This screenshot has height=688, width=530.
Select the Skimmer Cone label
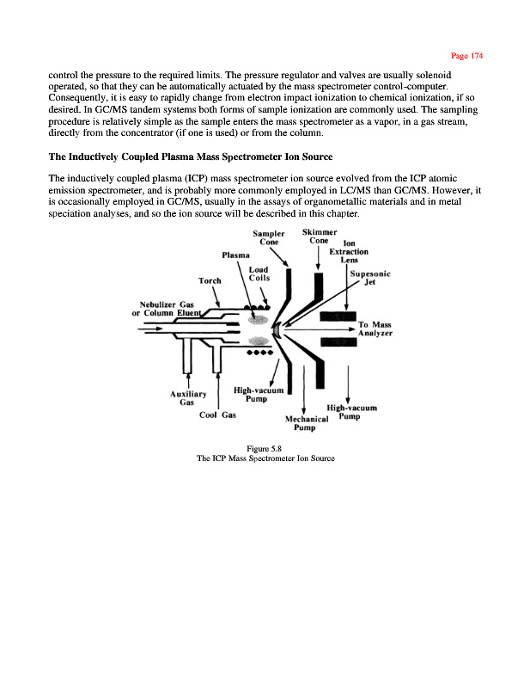tap(320, 236)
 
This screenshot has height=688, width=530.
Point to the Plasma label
tap(235, 255)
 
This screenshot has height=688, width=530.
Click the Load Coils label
tap(260, 273)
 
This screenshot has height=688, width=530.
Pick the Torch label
tap(209, 280)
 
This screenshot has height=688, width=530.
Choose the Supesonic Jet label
tap(370, 278)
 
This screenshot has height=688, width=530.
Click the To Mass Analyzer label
tap(375, 329)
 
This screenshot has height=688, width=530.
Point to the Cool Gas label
tap(217, 415)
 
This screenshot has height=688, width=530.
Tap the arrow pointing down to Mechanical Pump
tap(305, 404)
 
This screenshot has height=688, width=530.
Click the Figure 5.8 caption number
tap(265, 448)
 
